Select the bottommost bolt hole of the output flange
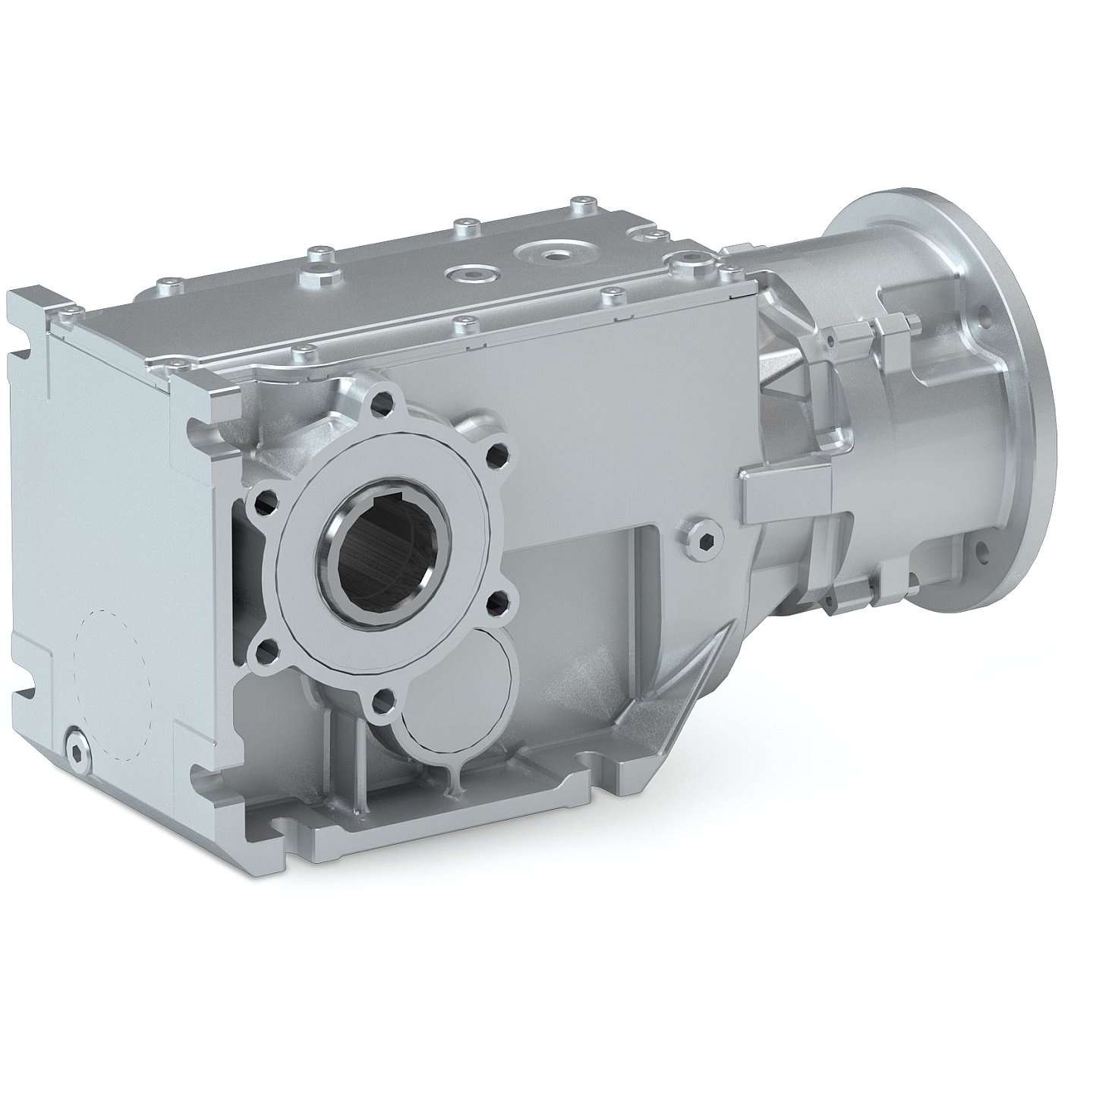(x=383, y=698)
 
